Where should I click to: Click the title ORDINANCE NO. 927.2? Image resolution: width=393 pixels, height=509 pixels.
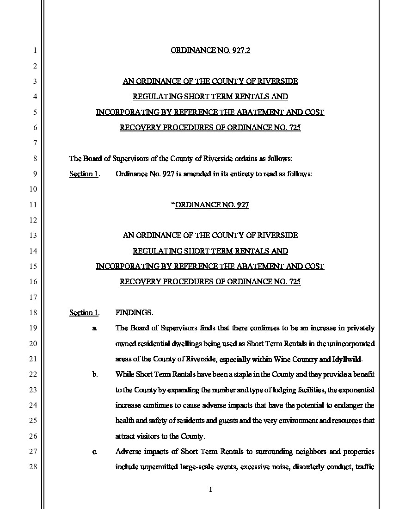coord(210,50)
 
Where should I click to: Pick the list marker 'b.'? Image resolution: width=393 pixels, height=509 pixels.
coord(94,374)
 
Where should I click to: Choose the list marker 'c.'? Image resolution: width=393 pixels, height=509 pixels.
coord(94,452)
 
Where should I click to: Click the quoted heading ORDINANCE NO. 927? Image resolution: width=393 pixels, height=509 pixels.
coord(212,205)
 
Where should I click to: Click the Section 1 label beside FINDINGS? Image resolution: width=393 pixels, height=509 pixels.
coord(84,313)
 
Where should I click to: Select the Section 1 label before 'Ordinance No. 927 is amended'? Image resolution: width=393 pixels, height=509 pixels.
coord(84,174)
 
